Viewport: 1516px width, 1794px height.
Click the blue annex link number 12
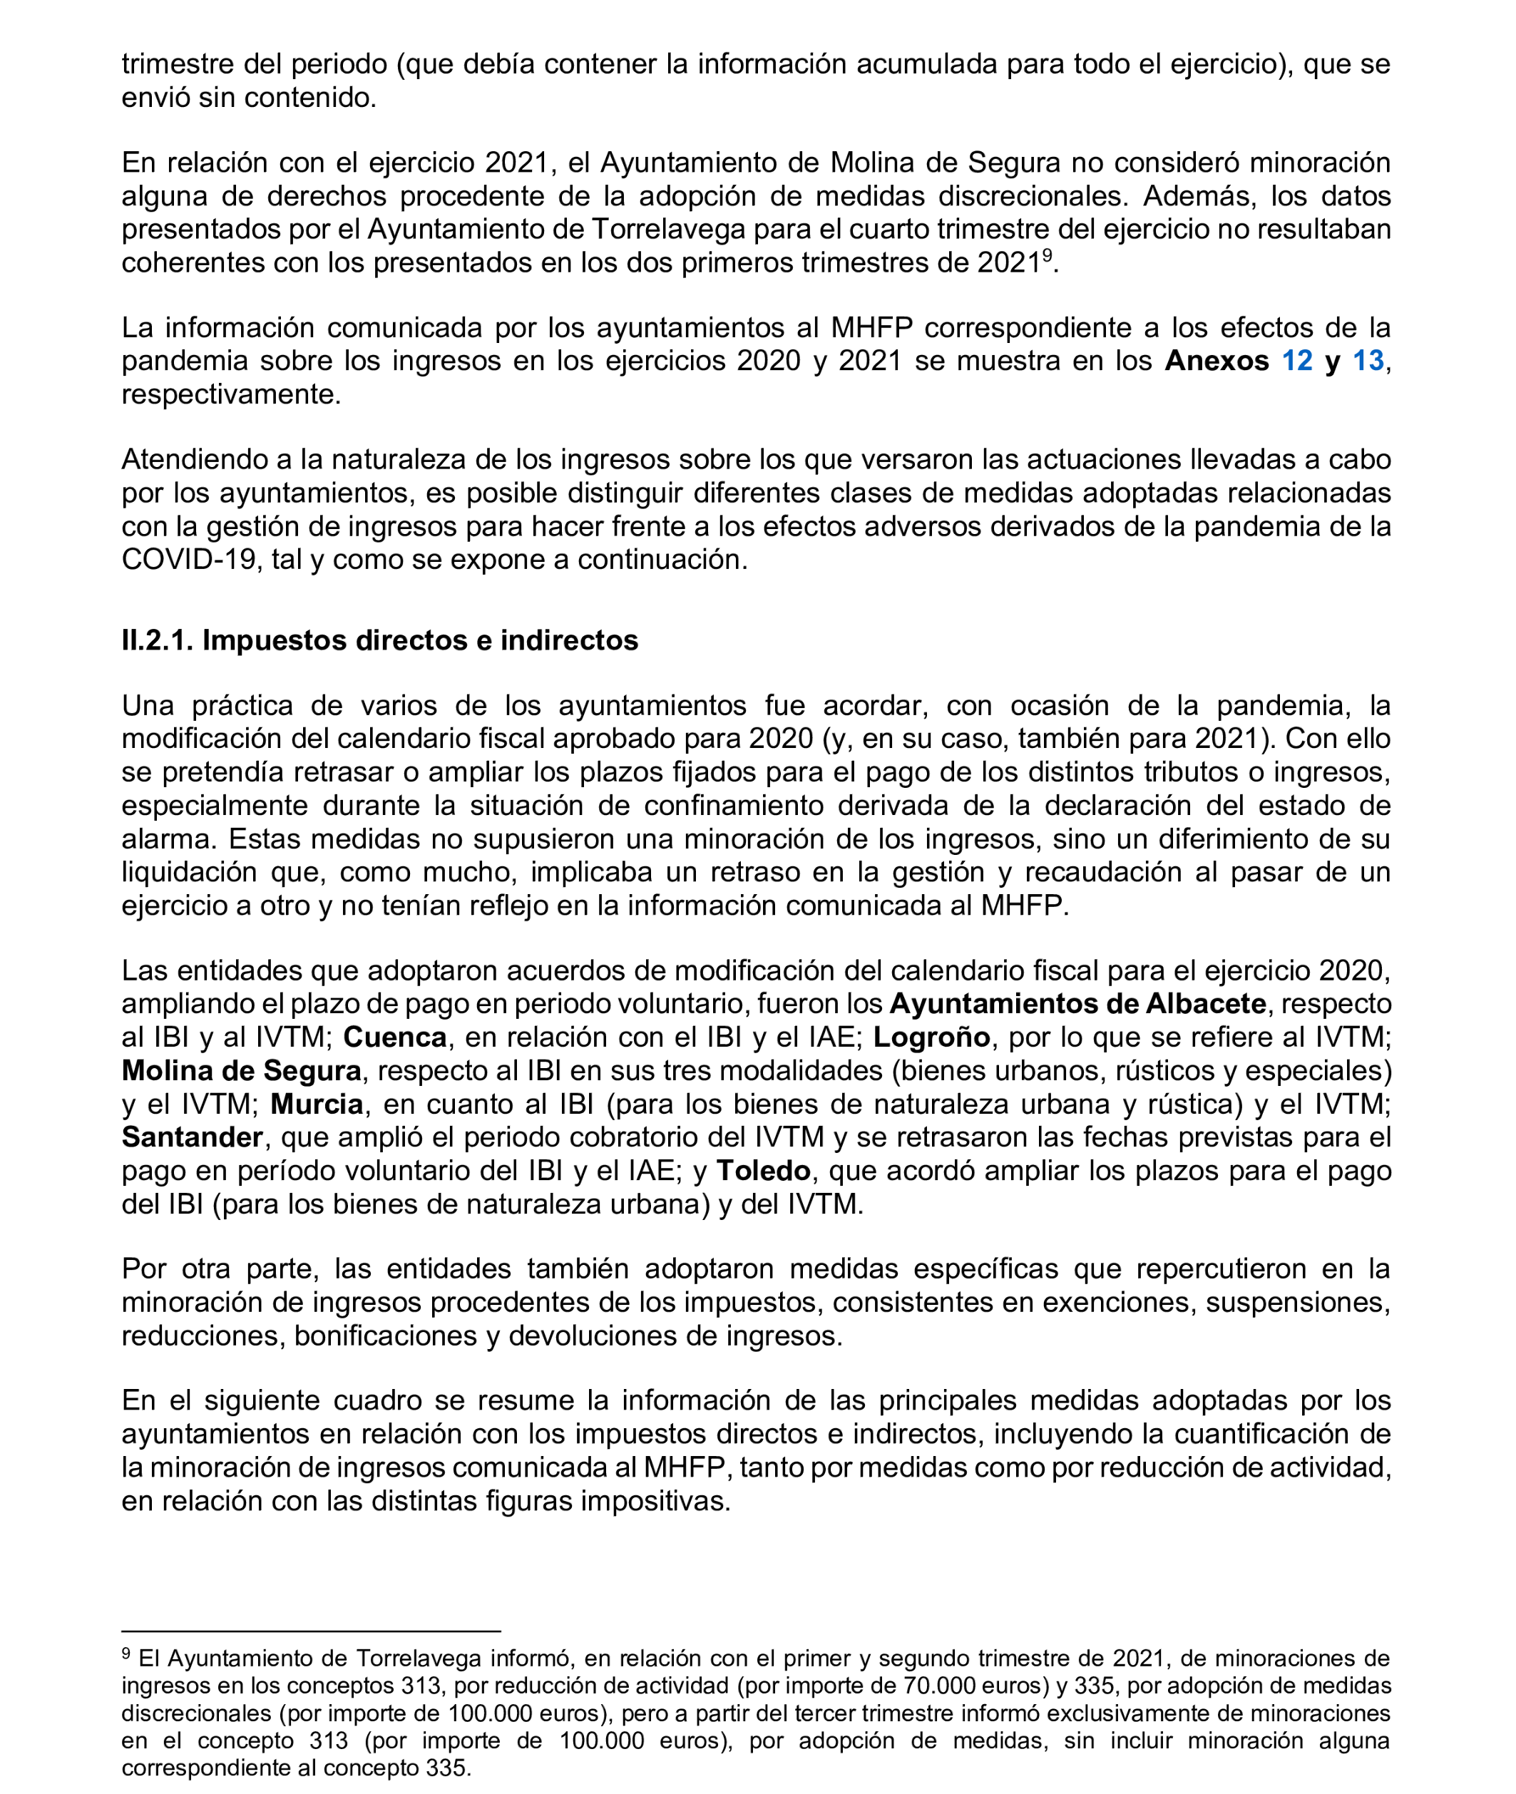coord(1297,361)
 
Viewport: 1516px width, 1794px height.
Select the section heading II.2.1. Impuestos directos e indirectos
coord(379,640)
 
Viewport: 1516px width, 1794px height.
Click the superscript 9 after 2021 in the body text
coord(1048,255)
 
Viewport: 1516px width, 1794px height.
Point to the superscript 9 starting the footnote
coord(126,1652)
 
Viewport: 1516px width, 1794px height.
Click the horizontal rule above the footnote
coord(310,1630)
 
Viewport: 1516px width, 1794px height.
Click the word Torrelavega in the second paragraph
coord(677,230)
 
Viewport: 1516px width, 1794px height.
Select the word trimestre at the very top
coord(178,64)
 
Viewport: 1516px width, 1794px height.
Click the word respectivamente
coord(230,394)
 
